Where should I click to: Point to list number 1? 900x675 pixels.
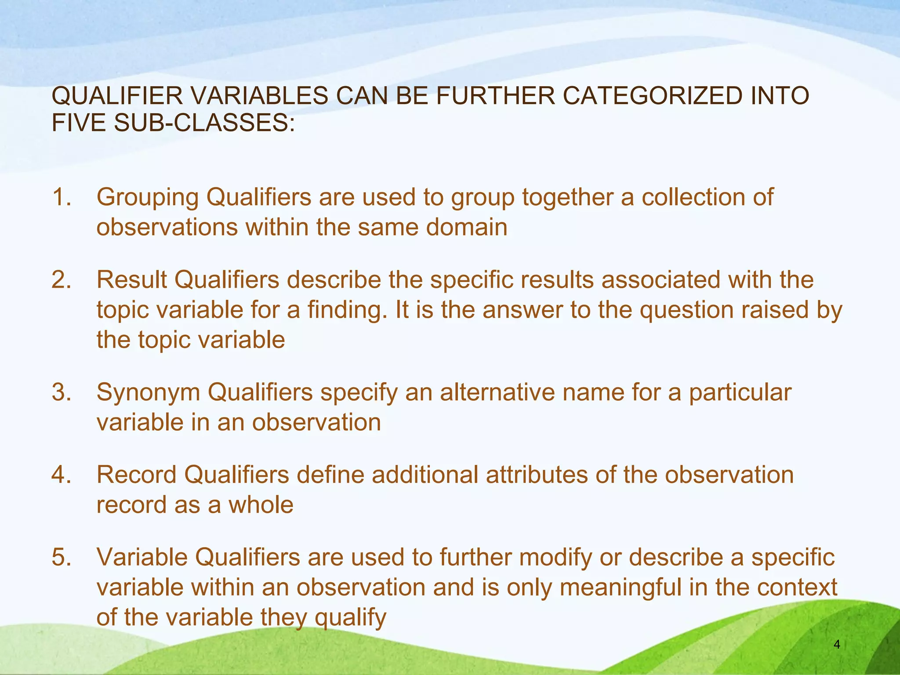61,197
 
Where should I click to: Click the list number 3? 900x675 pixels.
61,392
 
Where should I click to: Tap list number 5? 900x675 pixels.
61,557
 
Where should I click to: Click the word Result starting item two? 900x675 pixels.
131,279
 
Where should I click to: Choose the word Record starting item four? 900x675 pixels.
136,475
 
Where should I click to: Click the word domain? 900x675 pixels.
467,227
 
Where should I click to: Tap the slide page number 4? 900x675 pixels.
837,645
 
